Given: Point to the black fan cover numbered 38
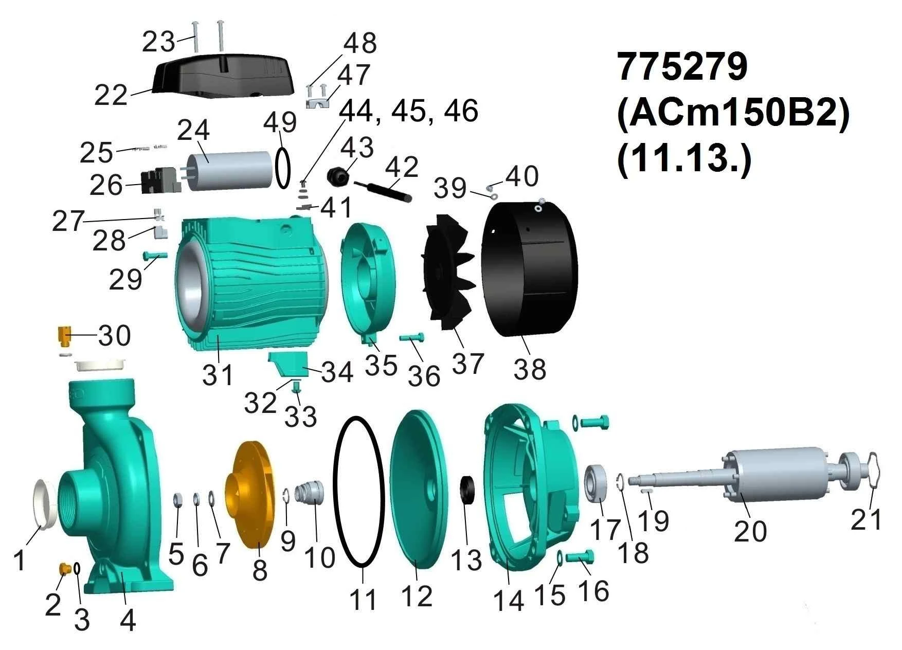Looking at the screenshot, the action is tap(530, 267).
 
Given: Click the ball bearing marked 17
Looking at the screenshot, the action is tap(598, 482).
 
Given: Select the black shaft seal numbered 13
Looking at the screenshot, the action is tap(467, 491).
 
